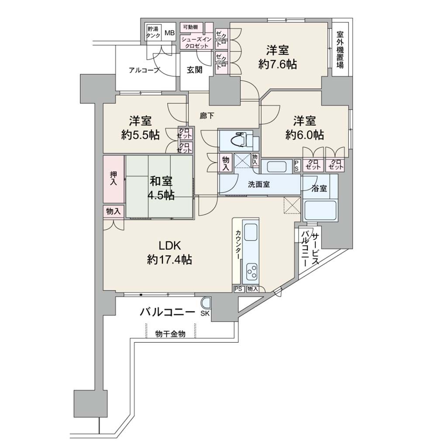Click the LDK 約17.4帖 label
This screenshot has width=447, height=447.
coord(169,252)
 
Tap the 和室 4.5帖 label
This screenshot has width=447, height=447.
coord(161,188)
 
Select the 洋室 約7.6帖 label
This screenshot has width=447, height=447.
coord(277,57)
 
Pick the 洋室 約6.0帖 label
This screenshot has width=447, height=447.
coord(305,128)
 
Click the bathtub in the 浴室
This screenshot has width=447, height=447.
coord(320,210)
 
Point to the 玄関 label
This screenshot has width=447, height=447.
coord(195,70)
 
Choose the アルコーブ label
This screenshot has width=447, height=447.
coord(144,70)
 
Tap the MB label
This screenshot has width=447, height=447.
coord(170,33)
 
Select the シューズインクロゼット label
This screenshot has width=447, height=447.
coord(197,42)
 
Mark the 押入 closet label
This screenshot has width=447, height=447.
coord(113,178)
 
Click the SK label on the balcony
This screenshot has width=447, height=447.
coord(205,314)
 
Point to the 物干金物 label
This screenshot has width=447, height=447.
coord(171,334)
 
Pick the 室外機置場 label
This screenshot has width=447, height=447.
coord(340,50)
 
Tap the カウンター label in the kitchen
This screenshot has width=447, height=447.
coord(237,244)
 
